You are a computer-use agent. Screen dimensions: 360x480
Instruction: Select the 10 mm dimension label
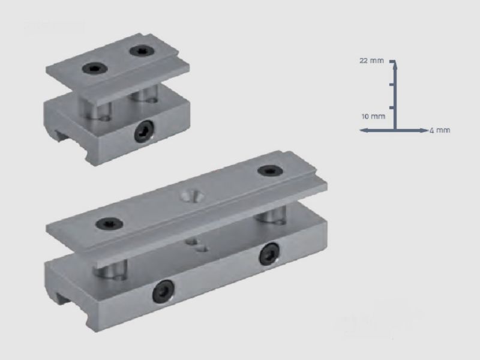click(x=373, y=116)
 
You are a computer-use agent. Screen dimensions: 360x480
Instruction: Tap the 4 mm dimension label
click(x=440, y=130)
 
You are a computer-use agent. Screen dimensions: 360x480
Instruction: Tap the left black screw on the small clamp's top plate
click(x=95, y=68)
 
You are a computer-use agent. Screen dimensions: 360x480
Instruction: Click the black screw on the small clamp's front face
click(x=143, y=131)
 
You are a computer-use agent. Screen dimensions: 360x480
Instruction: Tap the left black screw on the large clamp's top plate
click(x=110, y=224)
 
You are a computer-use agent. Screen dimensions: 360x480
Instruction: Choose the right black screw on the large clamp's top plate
click(x=271, y=171)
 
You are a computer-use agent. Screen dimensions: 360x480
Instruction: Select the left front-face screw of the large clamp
click(x=162, y=292)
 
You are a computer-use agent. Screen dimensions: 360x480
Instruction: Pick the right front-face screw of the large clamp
click(x=269, y=254)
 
